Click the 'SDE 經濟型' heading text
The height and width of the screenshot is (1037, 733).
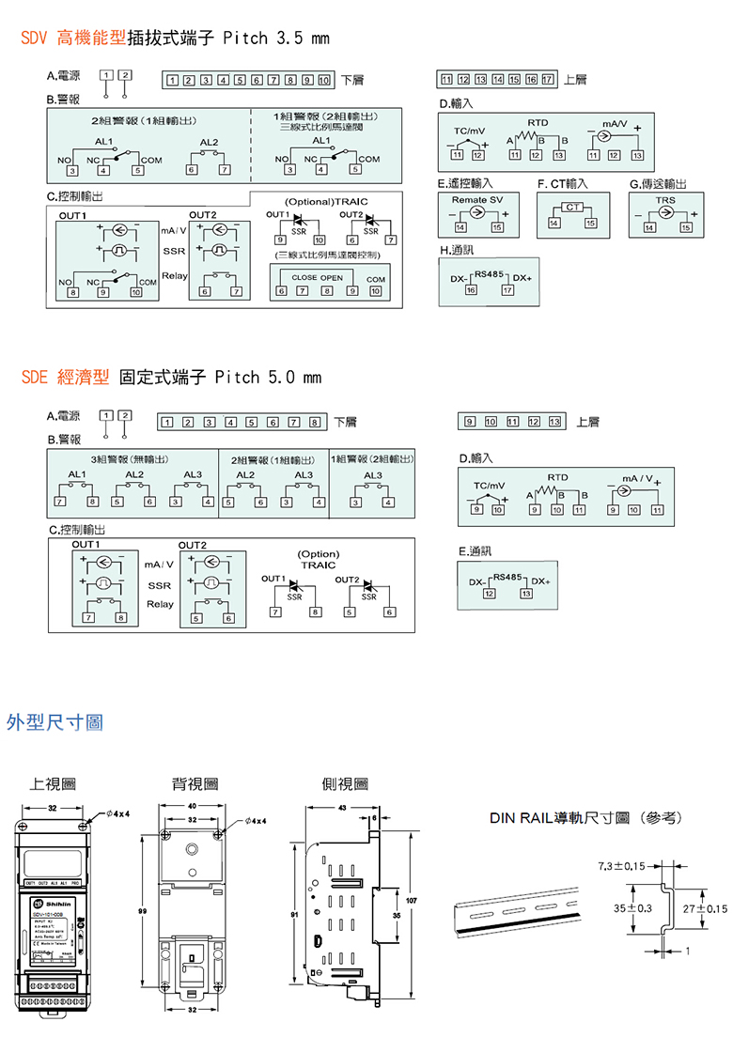point(65,378)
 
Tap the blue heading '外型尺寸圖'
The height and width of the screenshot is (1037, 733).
point(55,722)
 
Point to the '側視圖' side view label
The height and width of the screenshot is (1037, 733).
point(344,783)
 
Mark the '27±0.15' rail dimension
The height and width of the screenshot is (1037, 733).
point(706,908)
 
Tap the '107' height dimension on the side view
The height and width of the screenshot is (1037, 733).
point(410,903)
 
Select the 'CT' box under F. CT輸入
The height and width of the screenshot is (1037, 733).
point(570,207)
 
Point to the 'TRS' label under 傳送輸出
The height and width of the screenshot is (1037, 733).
point(665,199)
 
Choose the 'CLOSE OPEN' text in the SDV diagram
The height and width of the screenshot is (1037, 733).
point(318,278)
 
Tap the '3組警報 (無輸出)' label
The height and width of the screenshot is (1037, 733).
point(131,459)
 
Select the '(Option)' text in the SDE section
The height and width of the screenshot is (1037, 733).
point(318,554)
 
